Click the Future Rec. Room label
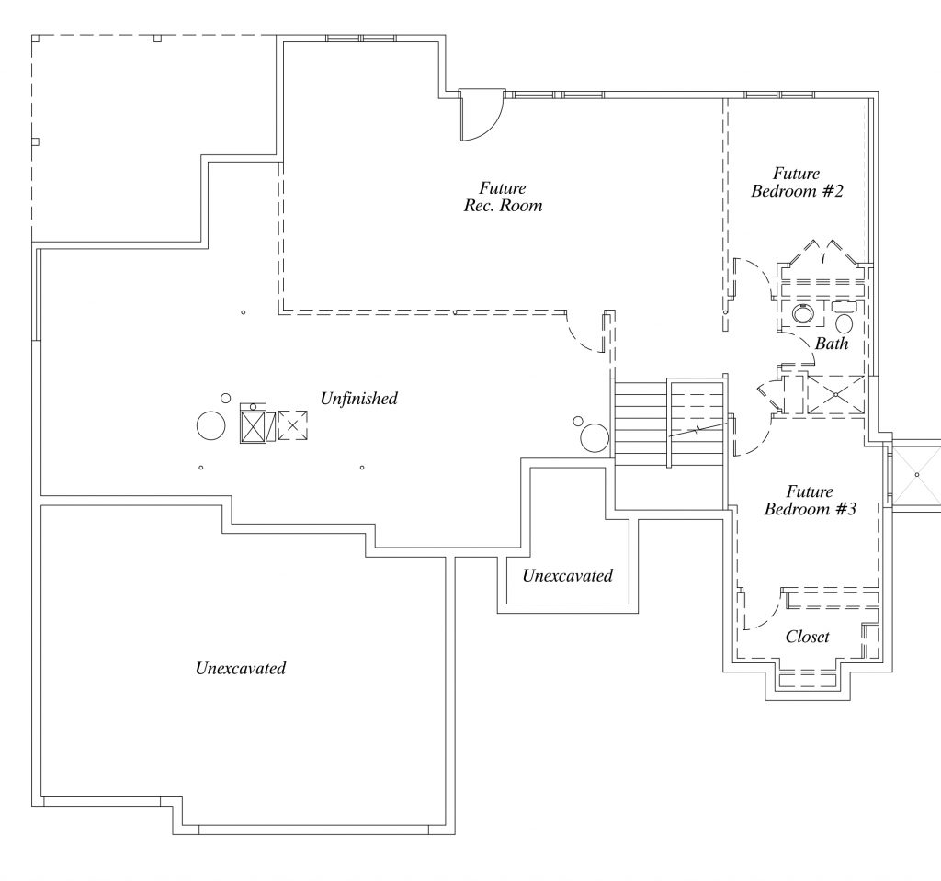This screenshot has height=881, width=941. tap(503, 198)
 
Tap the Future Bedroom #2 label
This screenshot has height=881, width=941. tap(797, 183)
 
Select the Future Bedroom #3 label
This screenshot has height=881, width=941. tap(811, 501)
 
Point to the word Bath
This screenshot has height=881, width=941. tap(832, 344)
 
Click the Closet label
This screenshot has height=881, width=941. tap(808, 637)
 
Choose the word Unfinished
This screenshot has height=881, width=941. tap(358, 399)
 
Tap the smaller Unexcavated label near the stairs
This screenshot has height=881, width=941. tap(567, 576)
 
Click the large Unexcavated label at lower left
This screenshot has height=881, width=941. tap(240, 668)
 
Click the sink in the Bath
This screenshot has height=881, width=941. tap(805, 315)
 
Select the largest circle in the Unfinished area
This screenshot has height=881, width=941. tap(210, 426)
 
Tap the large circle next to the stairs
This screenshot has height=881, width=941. tap(595, 438)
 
